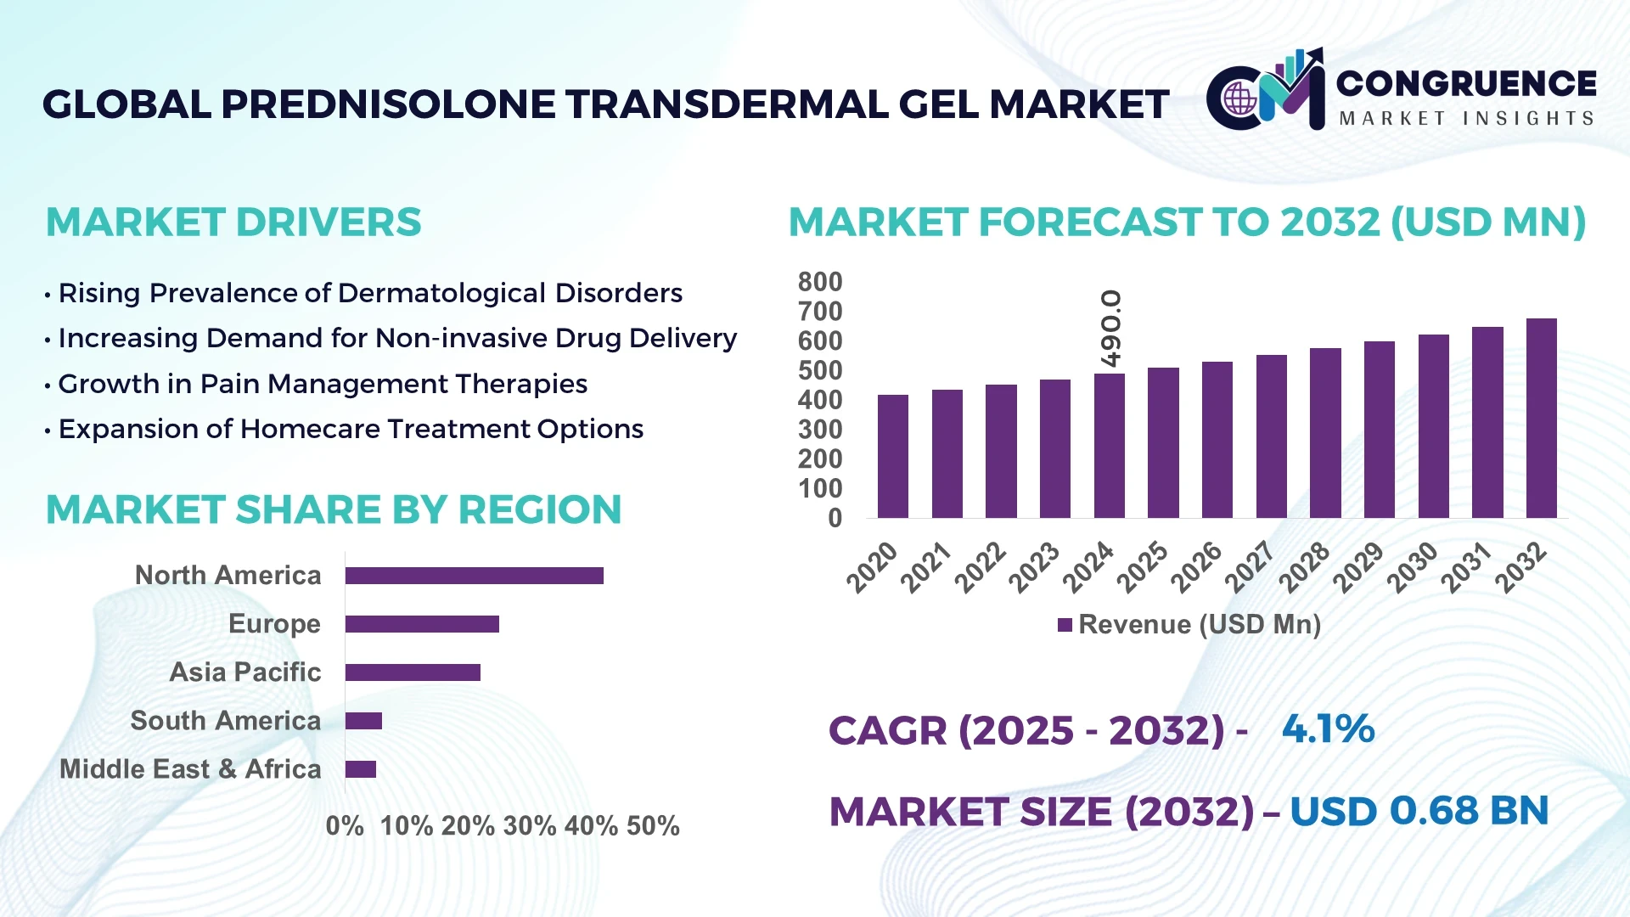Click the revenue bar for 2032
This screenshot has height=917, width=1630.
1541,418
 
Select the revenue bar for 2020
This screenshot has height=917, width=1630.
892,456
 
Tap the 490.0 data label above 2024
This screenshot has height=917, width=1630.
1110,329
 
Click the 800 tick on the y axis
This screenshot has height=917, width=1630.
819,282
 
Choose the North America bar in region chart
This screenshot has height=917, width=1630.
474,576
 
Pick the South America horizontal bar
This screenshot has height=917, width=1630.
363,721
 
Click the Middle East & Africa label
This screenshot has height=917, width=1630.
190,769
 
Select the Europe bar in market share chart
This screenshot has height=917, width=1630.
422,624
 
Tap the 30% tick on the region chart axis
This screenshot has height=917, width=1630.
530,825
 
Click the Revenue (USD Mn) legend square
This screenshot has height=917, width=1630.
1065,625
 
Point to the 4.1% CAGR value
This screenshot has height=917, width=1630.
1328,729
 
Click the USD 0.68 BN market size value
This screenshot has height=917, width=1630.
1419,811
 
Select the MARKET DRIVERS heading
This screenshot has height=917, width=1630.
233,222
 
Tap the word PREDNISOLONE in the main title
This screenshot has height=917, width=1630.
389,104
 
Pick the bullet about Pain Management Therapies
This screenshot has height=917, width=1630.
323,384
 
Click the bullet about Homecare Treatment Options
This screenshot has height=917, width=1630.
351,429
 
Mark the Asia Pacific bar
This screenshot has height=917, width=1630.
413,672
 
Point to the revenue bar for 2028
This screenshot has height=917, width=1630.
1325,433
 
